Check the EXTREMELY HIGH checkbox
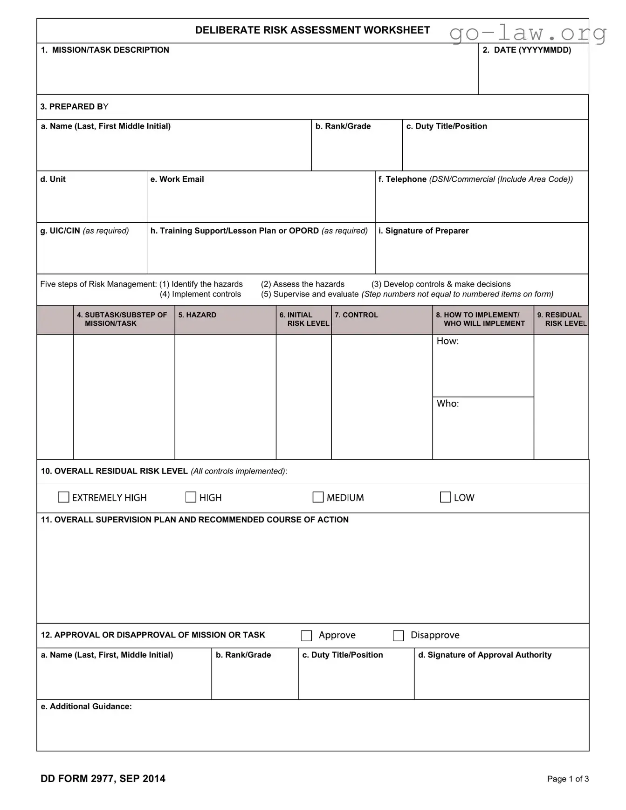coord(63,497)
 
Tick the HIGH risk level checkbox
coord(191,497)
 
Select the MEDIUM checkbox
coord(318,497)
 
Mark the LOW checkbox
coord(445,497)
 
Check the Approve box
coord(306,636)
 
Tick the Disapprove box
coord(399,636)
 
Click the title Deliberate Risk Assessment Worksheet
coord(312,30)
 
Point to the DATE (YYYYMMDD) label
coord(527,50)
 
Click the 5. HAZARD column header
coord(197,315)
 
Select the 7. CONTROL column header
coord(356,315)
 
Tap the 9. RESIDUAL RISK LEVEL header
coord(562,319)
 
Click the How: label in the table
coord(447,341)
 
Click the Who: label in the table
coord(447,404)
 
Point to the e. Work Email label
coord(177,179)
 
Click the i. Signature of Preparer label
coord(423,231)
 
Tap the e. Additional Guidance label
coord(86,707)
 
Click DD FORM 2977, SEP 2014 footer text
coord(103,778)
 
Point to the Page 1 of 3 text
coord(568,779)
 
